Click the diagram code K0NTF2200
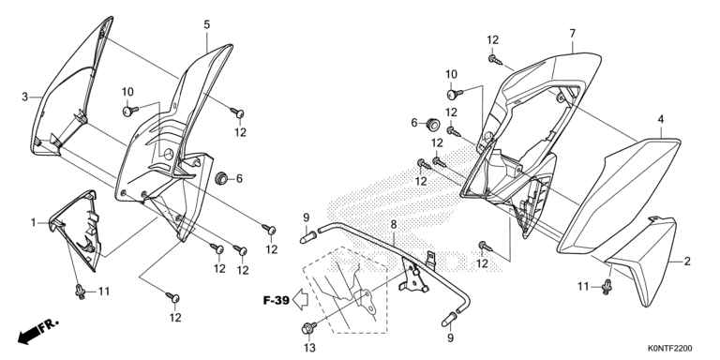[x=670, y=349]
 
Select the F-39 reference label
[x=276, y=301]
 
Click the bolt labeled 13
[x=308, y=328]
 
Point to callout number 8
[x=394, y=225]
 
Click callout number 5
[x=207, y=24]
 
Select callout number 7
[x=572, y=34]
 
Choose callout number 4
[x=660, y=119]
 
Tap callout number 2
[x=687, y=262]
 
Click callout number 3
[x=25, y=97]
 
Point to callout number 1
[x=33, y=223]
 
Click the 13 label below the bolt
[x=310, y=348]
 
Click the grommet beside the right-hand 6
[x=432, y=123]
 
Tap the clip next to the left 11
[x=81, y=292]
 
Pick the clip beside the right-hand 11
[x=607, y=287]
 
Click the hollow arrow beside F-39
[x=300, y=300]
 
